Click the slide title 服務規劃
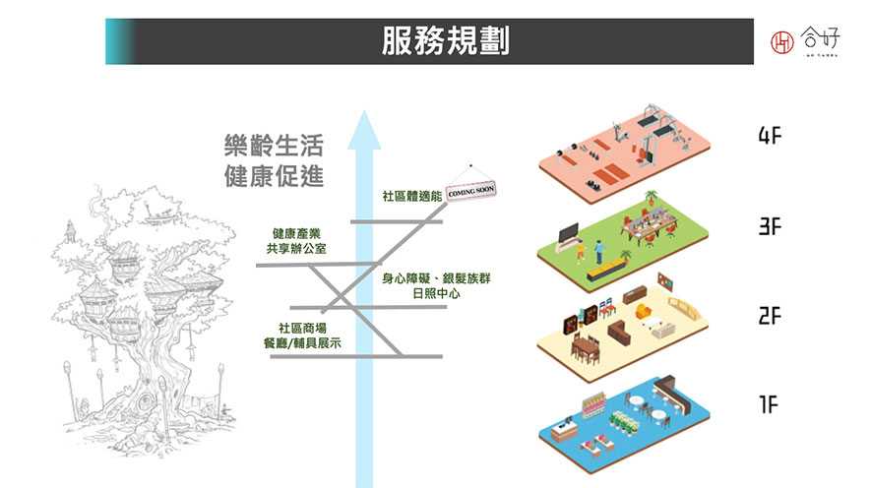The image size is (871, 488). point(446,41)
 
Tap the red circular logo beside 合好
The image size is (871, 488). point(783,41)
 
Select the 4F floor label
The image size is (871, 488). point(770,137)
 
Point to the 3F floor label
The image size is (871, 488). point(770,226)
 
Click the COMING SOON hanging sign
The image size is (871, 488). point(471,190)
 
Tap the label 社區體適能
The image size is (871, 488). point(411,197)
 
